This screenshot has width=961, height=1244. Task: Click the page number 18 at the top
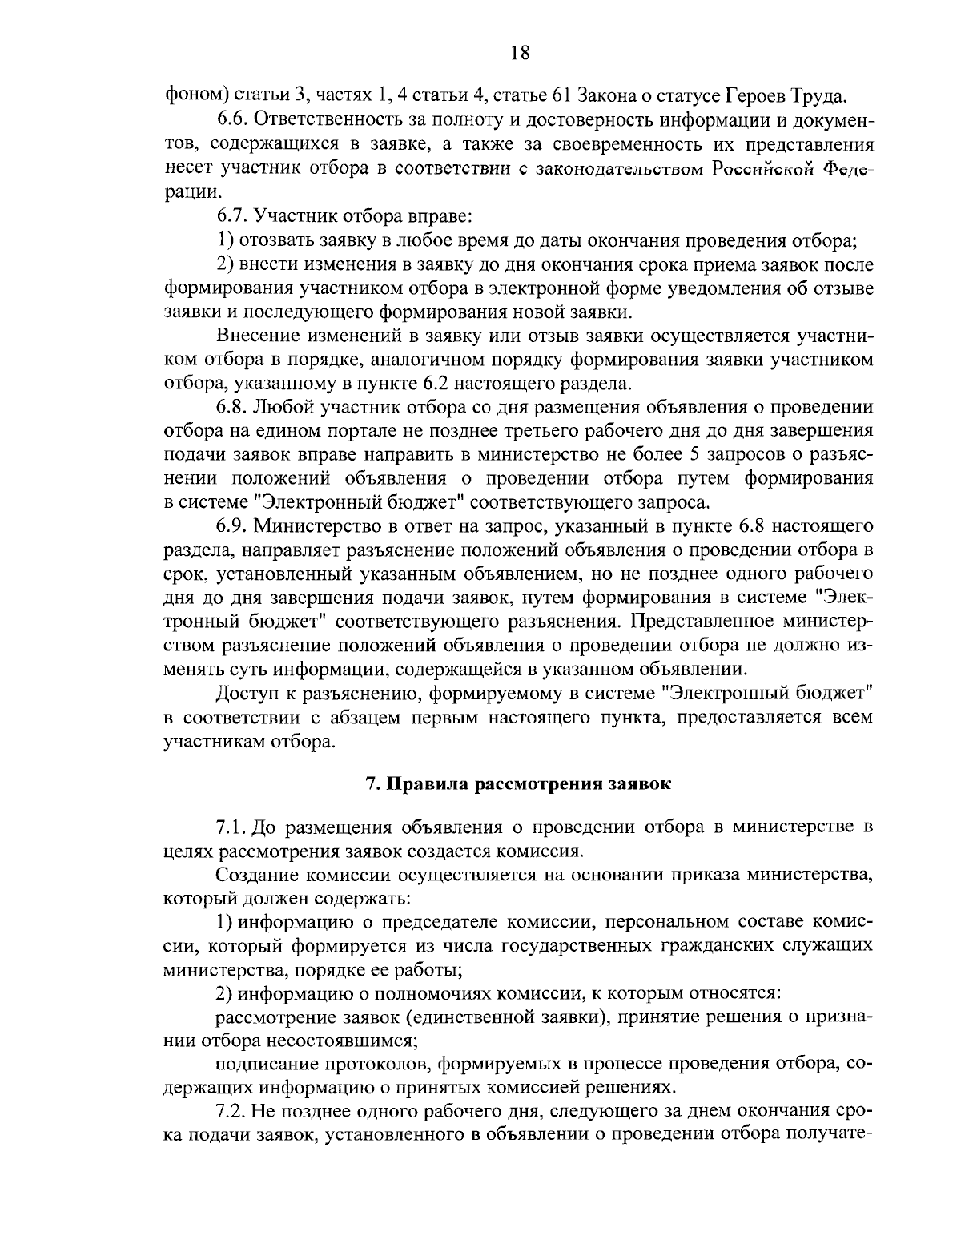519,53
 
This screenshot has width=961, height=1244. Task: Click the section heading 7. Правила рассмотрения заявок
518,784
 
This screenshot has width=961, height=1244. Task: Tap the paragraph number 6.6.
232,119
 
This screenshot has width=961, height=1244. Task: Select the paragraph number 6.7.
232,216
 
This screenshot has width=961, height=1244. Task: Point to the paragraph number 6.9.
232,525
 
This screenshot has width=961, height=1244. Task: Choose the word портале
347,431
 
